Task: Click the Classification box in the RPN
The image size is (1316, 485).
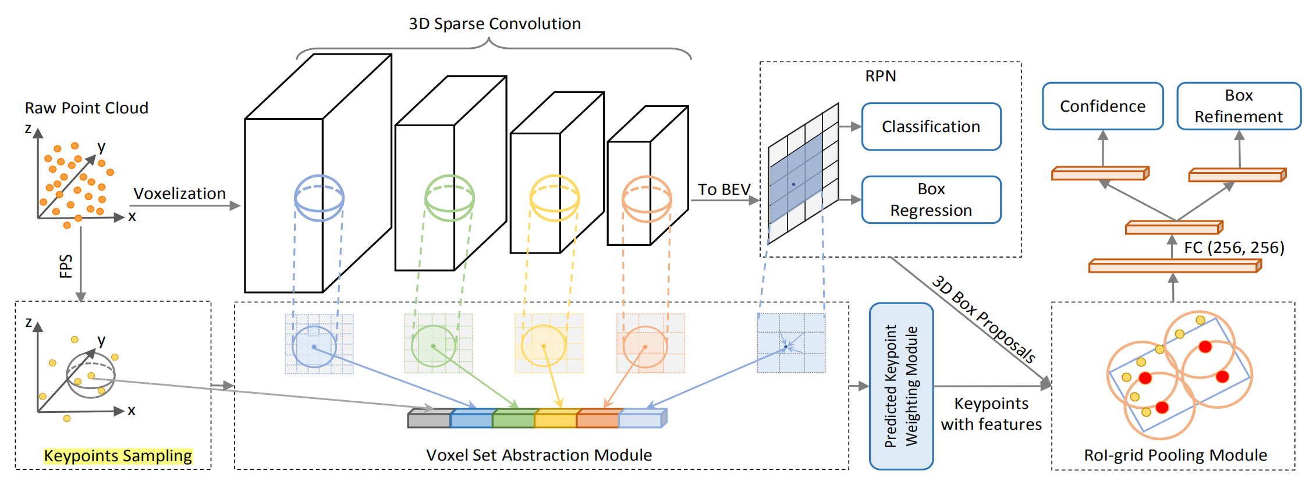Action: [x=931, y=127]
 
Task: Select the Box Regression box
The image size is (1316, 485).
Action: [x=931, y=199]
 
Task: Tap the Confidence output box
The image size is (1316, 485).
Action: [x=1102, y=106]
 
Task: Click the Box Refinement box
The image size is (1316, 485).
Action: [x=1238, y=106]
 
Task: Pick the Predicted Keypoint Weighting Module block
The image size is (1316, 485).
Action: [x=901, y=386]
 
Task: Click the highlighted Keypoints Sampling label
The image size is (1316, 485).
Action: [x=118, y=456]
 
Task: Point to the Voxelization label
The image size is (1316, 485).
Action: [x=179, y=194]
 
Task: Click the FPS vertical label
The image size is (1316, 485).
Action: [x=66, y=266]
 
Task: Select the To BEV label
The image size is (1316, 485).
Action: [x=723, y=190]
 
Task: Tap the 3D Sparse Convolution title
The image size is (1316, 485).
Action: [x=494, y=24]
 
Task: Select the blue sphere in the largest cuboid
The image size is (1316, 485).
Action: [x=319, y=198]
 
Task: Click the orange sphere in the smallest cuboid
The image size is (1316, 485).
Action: [x=647, y=199]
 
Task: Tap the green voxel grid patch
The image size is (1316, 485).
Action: [x=438, y=344]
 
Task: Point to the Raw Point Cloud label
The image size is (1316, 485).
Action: [x=86, y=108]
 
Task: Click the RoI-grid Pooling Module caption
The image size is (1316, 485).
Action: [x=1175, y=455]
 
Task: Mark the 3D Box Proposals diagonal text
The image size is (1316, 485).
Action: [x=983, y=319]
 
